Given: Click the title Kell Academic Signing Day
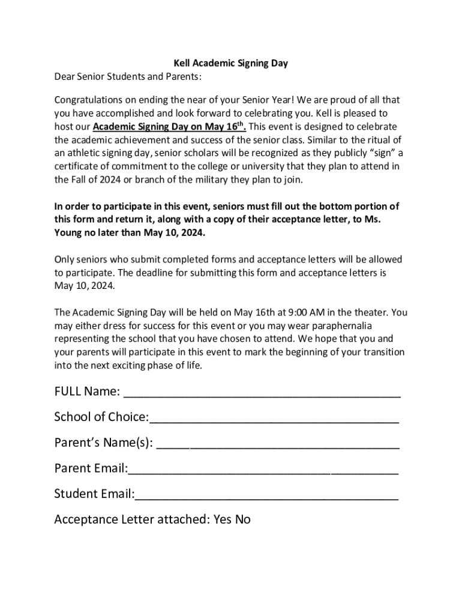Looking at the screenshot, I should click(231, 63).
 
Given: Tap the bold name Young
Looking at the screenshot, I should click(69, 232).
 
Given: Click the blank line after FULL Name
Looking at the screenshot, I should click(262, 393).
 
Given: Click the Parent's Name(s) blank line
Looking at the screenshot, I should click(277, 445).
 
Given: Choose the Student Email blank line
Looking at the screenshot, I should click(266, 496).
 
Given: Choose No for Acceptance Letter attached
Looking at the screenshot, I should click(243, 520).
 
